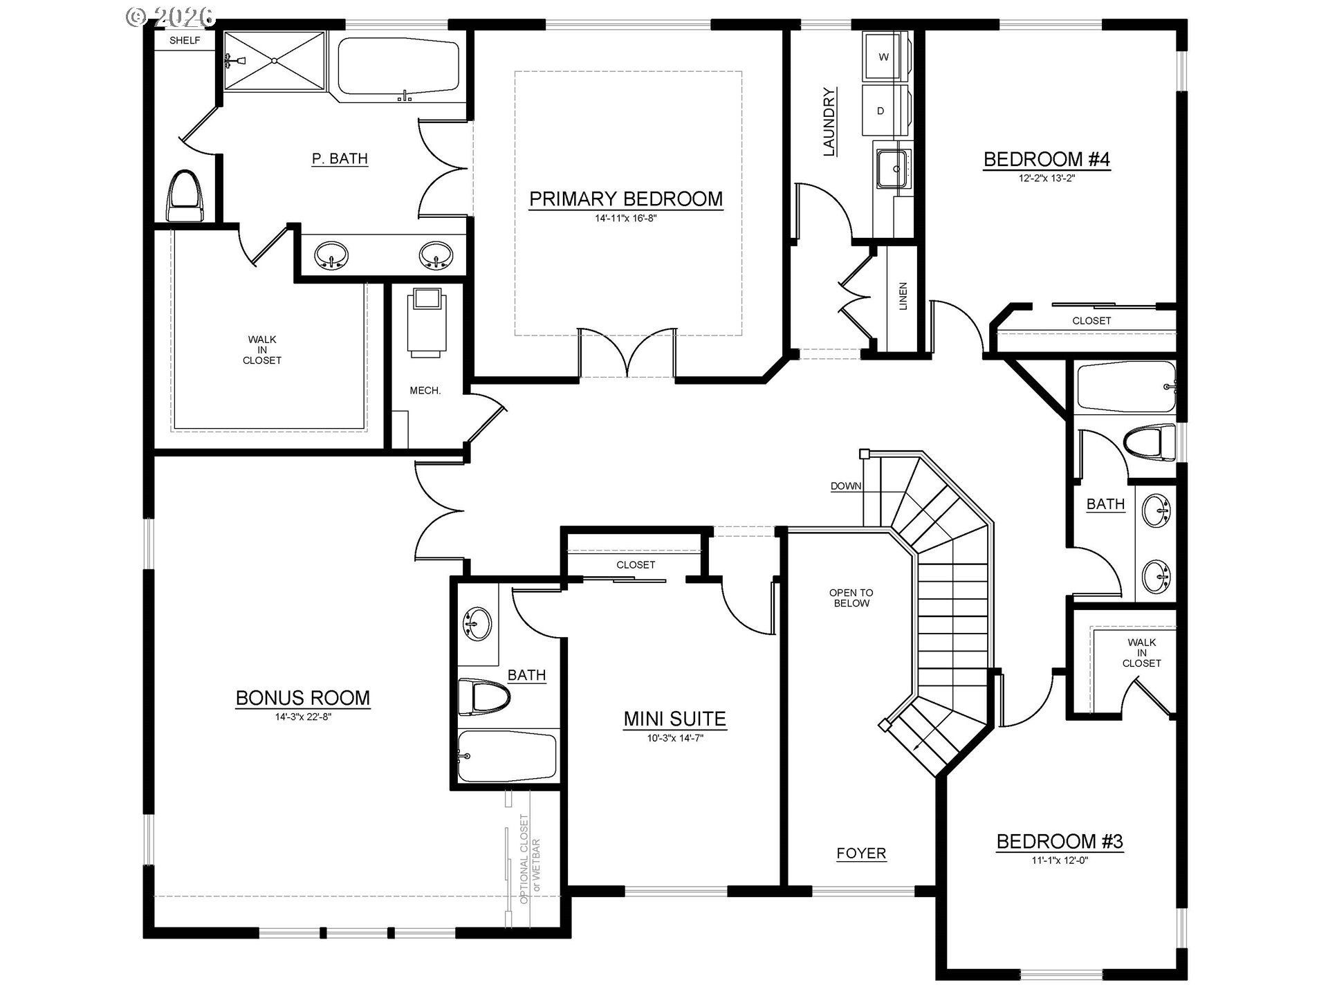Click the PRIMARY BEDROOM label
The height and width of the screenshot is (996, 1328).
[x=626, y=199]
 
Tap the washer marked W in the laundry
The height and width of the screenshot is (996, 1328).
[x=883, y=57]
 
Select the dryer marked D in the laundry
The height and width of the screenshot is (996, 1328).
[x=880, y=111]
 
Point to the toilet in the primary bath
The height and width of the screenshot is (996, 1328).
[x=185, y=195]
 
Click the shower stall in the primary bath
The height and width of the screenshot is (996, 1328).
[x=275, y=61]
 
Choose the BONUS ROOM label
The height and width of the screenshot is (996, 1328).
[x=303, y=698]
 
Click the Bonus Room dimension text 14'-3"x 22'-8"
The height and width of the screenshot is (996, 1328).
[x=303, y=717]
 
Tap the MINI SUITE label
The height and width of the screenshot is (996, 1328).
[x=675, y=719]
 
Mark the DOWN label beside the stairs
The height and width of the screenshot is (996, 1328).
[x=846, y=486]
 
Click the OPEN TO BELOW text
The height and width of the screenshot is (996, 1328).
[x=851, y=598]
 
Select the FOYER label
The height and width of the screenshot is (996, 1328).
[x=861, y=854]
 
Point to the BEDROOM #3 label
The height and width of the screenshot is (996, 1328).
[x=1060, y=842]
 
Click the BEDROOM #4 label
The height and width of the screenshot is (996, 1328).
[x=1046, y=160]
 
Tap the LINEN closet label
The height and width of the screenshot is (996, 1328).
[x=903, y=296]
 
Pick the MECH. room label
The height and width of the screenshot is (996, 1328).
[x=425, y=391]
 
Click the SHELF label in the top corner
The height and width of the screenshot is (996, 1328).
[x=185, y=41]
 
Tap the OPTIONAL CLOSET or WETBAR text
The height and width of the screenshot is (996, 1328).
[x=531, y=859]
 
